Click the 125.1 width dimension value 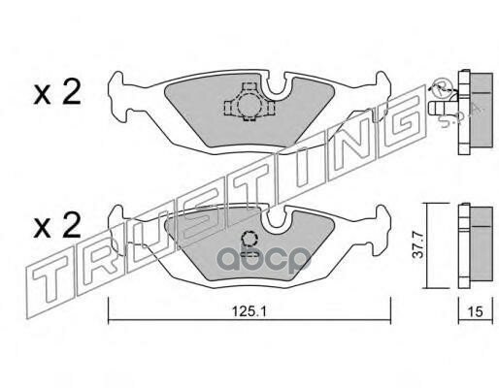click(x=249, y=311)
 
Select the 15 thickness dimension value click(x=475, y=311)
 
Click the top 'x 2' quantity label click(x=57, y=93)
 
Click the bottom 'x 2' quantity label click(x=57, y=226)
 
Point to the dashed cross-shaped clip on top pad click(x=249, y=102)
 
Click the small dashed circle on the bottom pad click(x=249, y=241)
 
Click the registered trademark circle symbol click(x=441, y=86)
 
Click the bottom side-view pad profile click(x=476, y=245)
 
